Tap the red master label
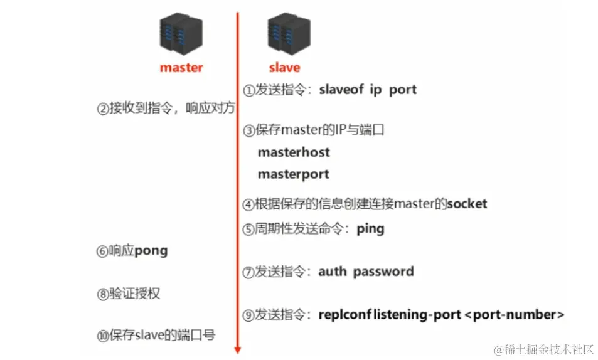pos(181,68)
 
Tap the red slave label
pos(284,68)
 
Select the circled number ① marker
pos(249,90)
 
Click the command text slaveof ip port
pos(367,90)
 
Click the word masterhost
pos(294,152)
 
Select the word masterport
pos(293,174)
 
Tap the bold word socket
pos(467,204)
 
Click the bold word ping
pos(370,229)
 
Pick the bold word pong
pos(151,251)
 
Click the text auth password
pos(366,272)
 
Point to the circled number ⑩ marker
pos(103,336)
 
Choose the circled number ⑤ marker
pos(249,230)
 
